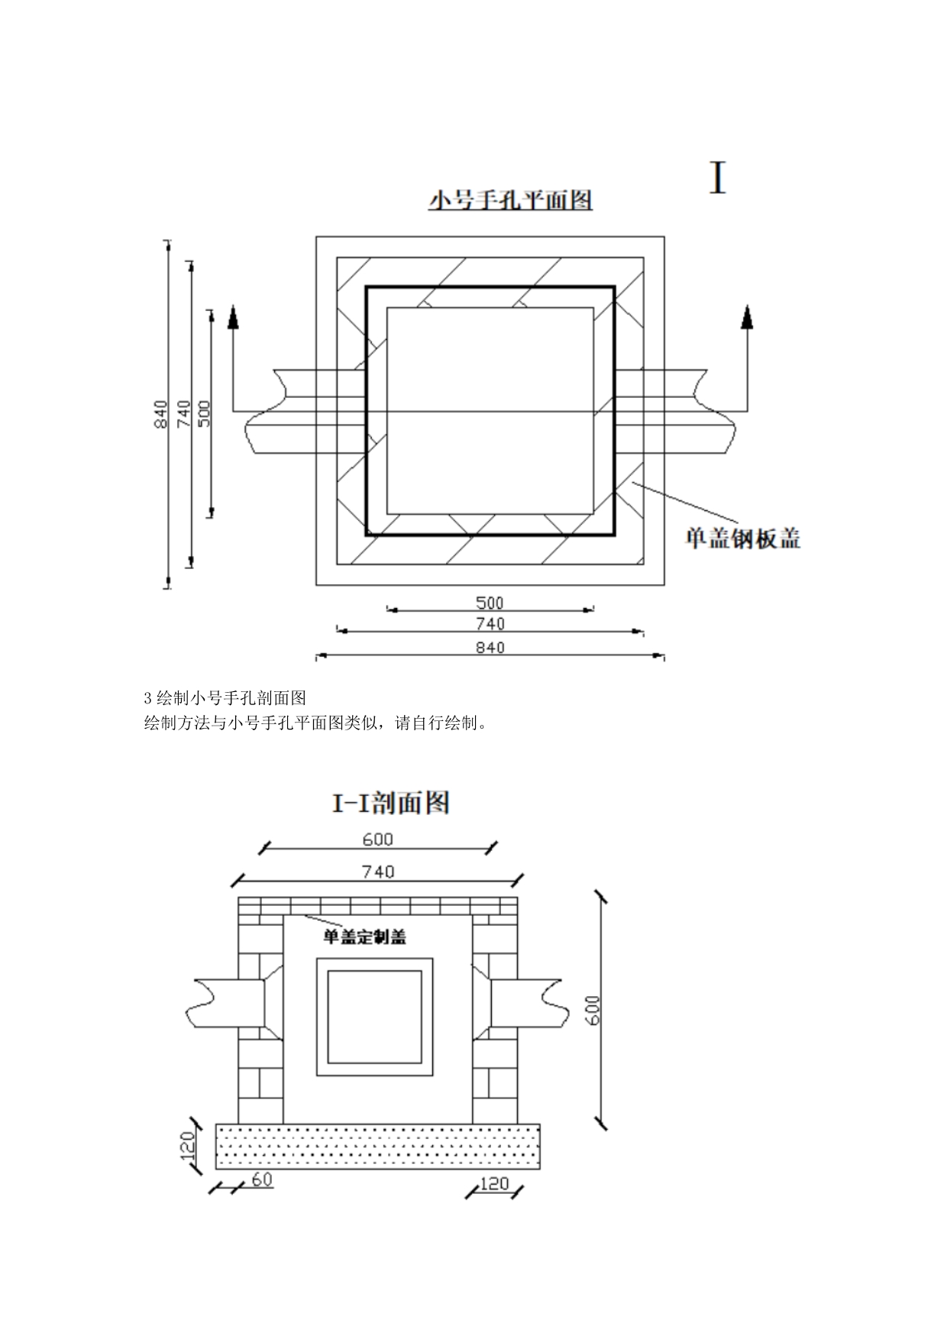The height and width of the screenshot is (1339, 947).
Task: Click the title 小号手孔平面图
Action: [510, 201]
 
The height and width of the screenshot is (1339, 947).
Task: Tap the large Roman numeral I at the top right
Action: [717, 179]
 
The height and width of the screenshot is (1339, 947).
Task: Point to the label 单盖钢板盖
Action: [742, 539]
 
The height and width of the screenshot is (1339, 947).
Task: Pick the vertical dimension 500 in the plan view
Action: [204, 413]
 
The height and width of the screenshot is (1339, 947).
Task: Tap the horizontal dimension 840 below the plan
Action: [490, 647]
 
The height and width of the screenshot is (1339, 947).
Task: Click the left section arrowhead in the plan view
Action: [234, 316]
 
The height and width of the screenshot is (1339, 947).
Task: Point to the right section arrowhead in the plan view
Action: [747, 316]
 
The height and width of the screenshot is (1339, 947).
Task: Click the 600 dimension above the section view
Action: [378, 839]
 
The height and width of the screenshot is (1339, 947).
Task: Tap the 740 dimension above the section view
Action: [378, 872]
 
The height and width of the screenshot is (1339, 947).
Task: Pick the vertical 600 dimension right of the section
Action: [595, 1010]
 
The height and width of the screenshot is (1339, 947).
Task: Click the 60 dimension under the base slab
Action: [262, 1180]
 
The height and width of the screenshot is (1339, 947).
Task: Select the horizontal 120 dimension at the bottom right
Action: [493, 1184]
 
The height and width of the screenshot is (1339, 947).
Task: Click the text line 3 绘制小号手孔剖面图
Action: [225, 697]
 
